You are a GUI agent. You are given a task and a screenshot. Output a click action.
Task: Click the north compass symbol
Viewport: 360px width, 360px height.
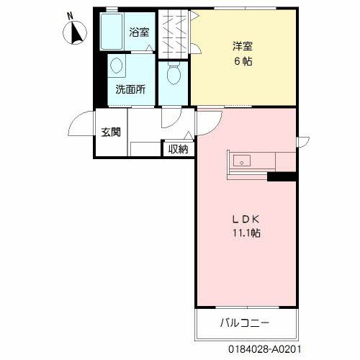pyautogui.click(x=76, y=32)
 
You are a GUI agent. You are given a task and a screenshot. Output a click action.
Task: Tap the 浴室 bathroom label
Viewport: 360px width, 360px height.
pyautogui.click(x=139, y=32)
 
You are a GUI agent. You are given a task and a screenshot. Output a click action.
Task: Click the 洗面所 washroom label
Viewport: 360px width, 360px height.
pyautogui.click(x=130, y=90)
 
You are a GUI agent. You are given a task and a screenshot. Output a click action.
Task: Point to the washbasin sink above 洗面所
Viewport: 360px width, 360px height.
pyautogui.click(x=116, y=67)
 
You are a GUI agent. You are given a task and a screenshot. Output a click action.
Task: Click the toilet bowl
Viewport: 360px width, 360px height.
pyautogui.click(x=173, y=74)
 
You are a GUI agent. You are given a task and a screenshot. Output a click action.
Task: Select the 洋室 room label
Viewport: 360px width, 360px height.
pyautogui.click(x=242, y=47)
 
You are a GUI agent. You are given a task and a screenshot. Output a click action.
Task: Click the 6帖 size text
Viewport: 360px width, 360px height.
pyautogui.click(x=242, y=60)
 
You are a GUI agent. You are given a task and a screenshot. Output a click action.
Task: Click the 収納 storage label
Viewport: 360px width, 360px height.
pyautogui.click(x=178, y=149)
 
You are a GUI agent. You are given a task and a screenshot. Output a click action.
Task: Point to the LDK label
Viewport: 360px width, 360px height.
pyautogui.click(x=245, y=219)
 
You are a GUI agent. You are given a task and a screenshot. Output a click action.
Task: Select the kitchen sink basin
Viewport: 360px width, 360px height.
pyautogui.click(x=241, y=161)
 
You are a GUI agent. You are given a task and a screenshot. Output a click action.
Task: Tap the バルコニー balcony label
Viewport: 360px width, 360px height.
pyautogui.click(x=245, y=322)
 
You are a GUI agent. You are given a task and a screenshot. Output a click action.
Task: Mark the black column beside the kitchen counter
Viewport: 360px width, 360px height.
pyautogui.click(x=282, y=176)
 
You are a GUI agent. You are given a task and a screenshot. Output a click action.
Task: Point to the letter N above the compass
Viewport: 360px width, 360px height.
pyautogui.click(x=70, y=16)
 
